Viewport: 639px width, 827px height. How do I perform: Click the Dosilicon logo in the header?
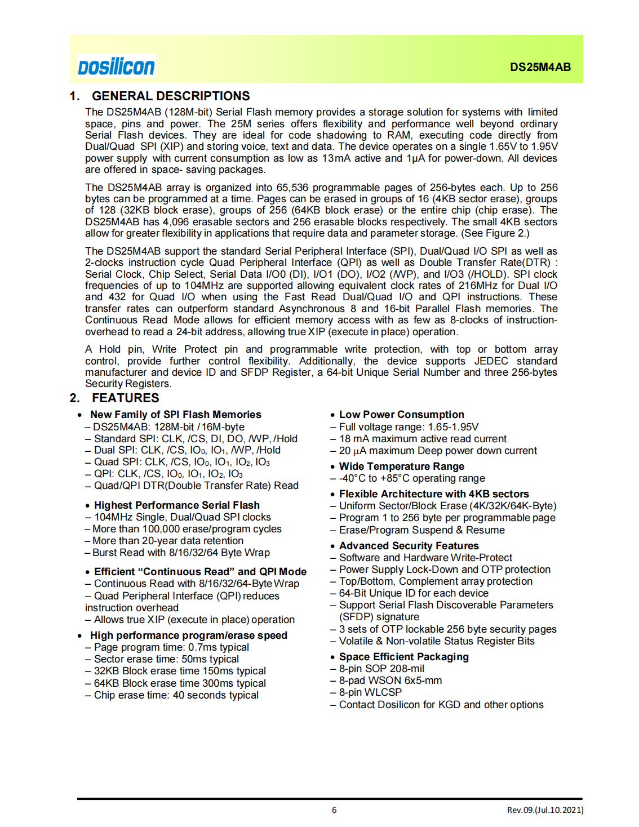(x=116, y=66)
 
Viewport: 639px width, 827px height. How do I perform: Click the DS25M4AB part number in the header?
(x=540, y=67)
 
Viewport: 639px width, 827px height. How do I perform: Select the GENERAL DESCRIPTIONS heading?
(x=171, y=96)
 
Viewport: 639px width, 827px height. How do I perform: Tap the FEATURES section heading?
(x=125, y=398)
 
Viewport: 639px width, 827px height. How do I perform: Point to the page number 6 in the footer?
(x=334, y=810)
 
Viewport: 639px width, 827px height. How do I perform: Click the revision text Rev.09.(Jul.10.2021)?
(x=545, y=810)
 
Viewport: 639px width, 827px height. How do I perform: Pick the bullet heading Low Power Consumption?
(x=401, y=415)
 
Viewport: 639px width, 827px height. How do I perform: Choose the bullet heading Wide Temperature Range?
(x=401, y=466)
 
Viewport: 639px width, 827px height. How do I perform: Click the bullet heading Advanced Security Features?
(x=409, y=546)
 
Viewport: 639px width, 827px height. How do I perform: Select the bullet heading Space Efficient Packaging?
(x=403, y=657)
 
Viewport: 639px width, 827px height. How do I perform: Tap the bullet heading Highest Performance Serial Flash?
(x=176, y=505)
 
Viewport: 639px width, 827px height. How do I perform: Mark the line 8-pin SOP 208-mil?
(x=381, y=669)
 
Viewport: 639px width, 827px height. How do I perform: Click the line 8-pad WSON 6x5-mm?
(x=390, y=681)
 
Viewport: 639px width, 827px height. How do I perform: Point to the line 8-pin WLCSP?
(x=370, y=692)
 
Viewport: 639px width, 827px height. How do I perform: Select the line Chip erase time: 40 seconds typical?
(x=176, y=695)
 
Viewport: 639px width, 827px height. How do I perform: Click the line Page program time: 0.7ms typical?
(x=171, y=647)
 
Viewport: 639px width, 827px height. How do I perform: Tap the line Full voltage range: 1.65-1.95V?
(x=409, y=427)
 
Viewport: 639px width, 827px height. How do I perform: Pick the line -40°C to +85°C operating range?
(x=411, y=478)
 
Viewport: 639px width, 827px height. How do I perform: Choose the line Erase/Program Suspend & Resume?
(x=421, y=530)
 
